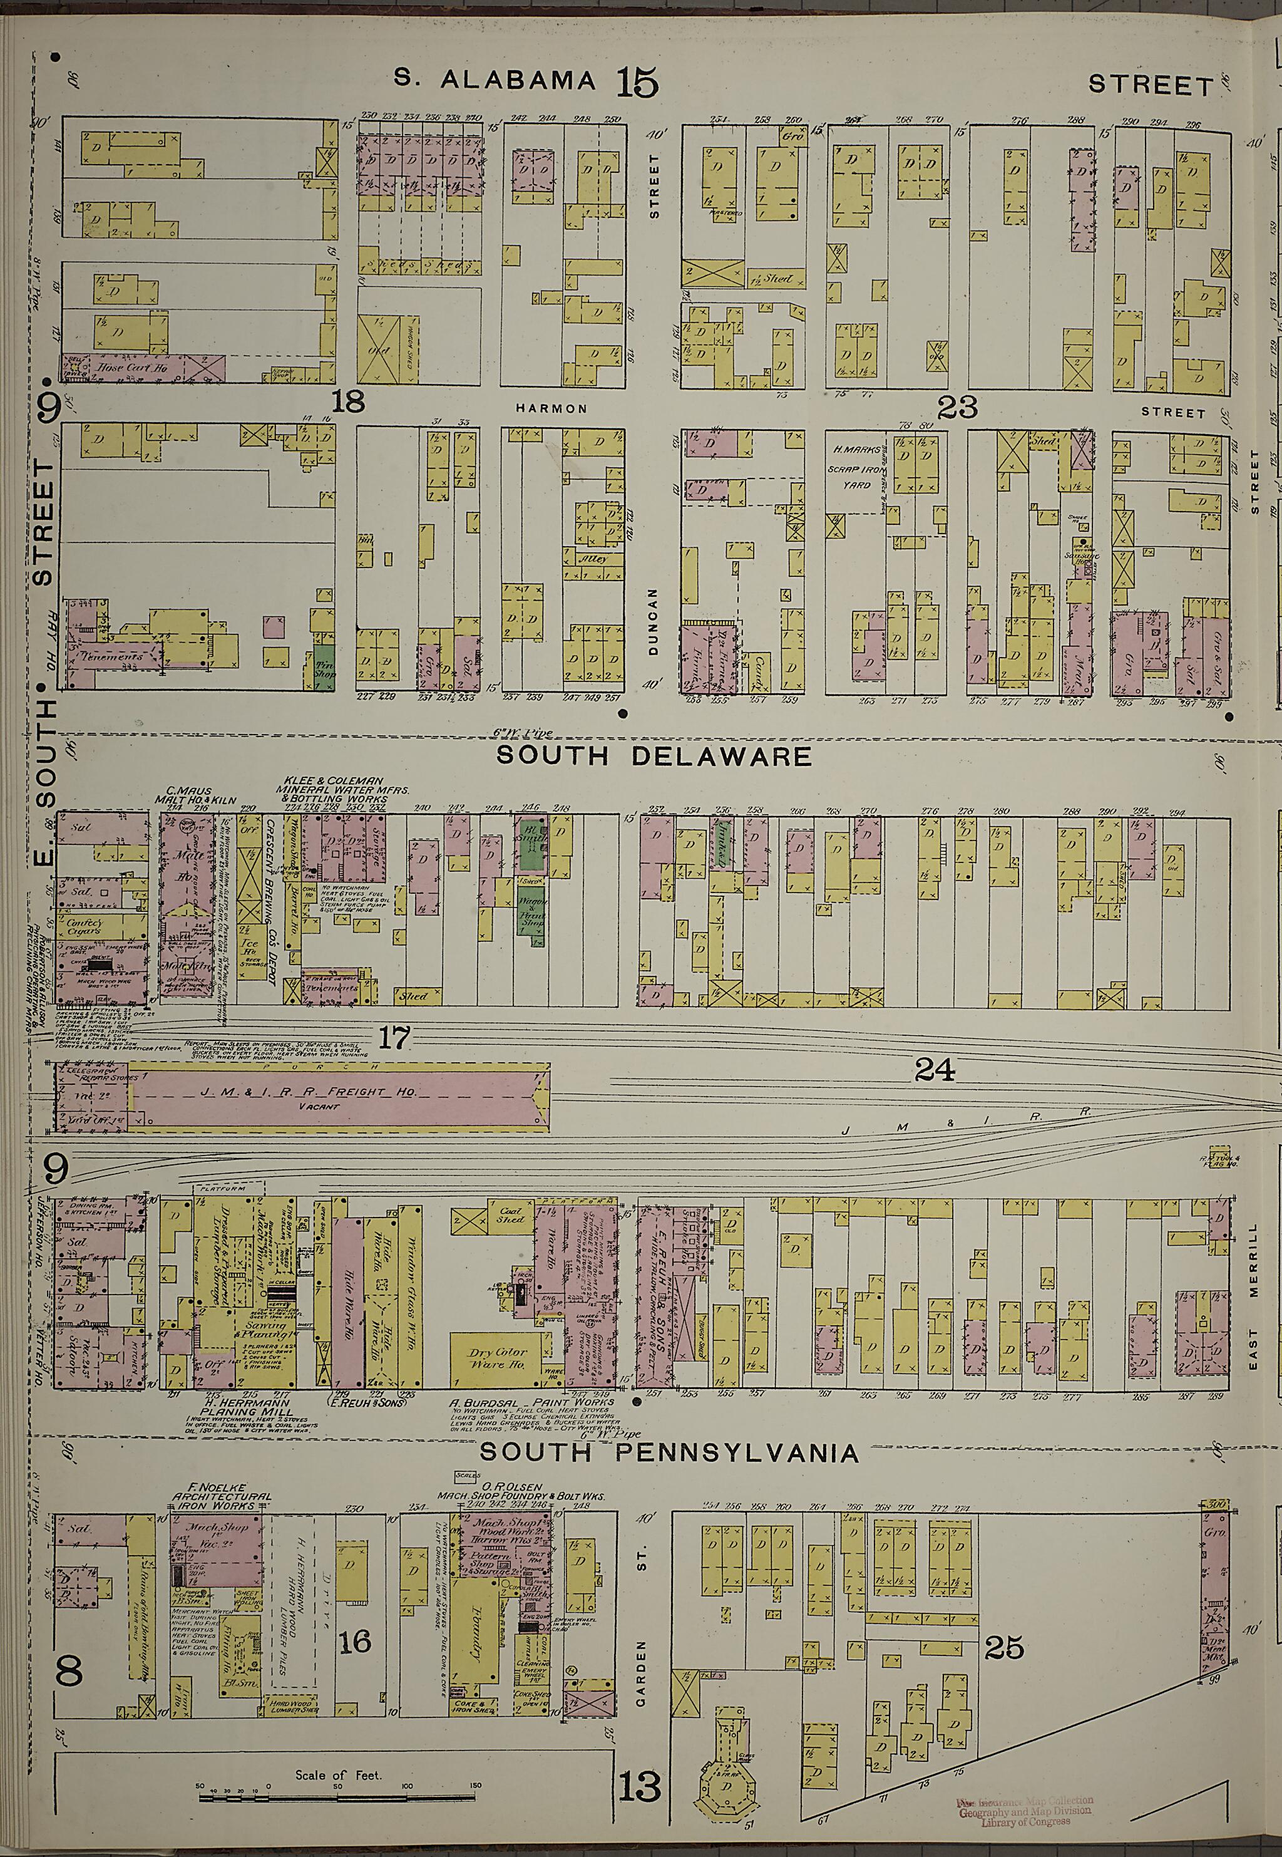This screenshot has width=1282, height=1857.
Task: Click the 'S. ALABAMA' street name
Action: [494, 80]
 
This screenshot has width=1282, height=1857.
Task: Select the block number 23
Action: [958, 408]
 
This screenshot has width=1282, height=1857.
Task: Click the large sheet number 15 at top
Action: [637, 82]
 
